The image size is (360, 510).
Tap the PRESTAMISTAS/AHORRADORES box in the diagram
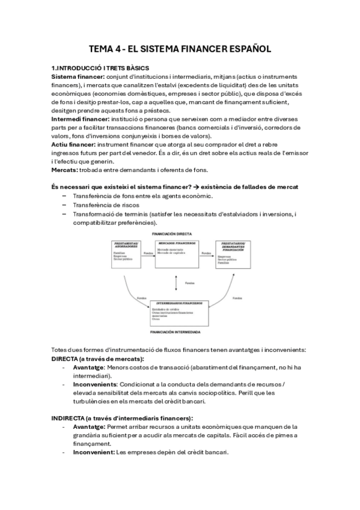tap(126, 255)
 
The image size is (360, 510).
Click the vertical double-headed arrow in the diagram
tap(175, 281)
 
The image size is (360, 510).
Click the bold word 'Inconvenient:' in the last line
tap(94, 452)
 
